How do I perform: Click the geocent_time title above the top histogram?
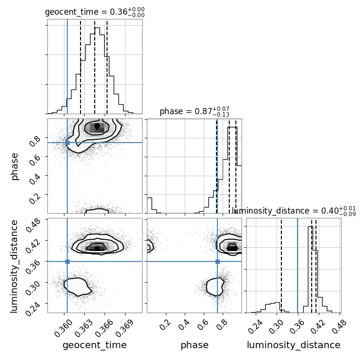click(95, 12)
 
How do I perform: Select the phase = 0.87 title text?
click(195, 112)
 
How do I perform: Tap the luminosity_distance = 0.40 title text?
click(294, 211)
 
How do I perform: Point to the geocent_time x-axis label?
click(95, 345)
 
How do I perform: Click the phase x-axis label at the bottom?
click(195, 345)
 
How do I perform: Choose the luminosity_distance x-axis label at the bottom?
click(294, 345)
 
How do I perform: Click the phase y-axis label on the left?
click(15, 167)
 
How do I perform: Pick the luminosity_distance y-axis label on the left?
click(14, 266)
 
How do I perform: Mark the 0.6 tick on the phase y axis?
click(35, 158)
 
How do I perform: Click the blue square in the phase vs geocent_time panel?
click(67, 143)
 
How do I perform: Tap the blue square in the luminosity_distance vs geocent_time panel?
click(67, 261)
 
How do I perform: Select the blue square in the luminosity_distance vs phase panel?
click(217, 261)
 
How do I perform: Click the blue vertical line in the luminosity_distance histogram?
click(297, 265)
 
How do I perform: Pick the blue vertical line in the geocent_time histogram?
click(67, 67)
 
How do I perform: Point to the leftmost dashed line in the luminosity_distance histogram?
click(281, 265)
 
